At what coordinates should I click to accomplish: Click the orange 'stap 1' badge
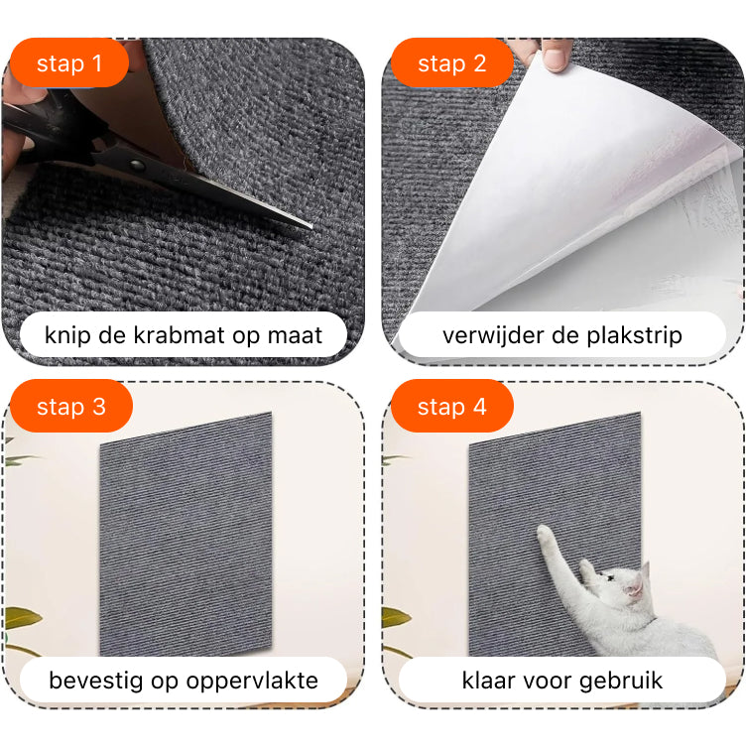pyautogui.click(x=69, y=62)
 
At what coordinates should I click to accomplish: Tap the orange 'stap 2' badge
pyautogui.click(x=452, y=62)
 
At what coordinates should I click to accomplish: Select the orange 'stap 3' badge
pyautogui.click(x=70, y=406)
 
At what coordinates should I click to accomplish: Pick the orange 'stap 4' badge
pyautogui.click(x=452, y=406)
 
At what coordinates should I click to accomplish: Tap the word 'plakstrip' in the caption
pyautogui.click(x=634, y=336)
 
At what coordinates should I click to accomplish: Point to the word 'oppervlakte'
pyautogui.click(x=252, y=682)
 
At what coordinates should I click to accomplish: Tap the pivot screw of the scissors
pyautogui.click(x=137, y=165)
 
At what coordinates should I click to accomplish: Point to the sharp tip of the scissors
pyautogui.click(x=311, y=227)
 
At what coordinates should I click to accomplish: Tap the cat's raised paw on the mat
pyautogui.click(x=546, y=535)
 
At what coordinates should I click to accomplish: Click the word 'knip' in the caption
pyautogui.click(x=67, y=336)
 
